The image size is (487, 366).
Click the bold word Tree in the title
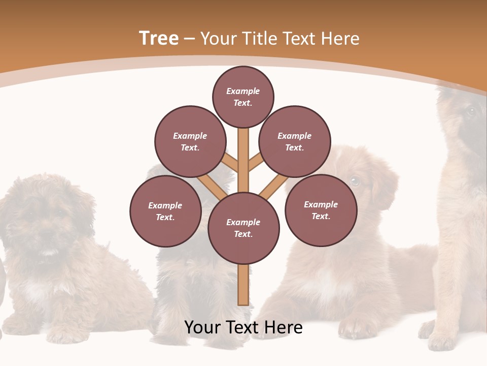[159, 39]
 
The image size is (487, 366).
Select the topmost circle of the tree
[243, 97]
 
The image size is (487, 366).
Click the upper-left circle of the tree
[190, 142]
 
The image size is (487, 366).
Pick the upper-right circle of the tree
[295, 142]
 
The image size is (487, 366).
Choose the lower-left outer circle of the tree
[165, 211]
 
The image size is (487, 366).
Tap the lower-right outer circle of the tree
[321, 210]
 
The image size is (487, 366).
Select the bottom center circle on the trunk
[243, 228]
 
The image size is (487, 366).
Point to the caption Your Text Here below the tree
[243, 327]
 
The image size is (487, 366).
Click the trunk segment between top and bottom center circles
[243, 160]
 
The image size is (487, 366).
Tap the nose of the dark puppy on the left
[49, 235]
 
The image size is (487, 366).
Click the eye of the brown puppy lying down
[355, 180]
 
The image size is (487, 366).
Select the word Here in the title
[340, 39]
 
